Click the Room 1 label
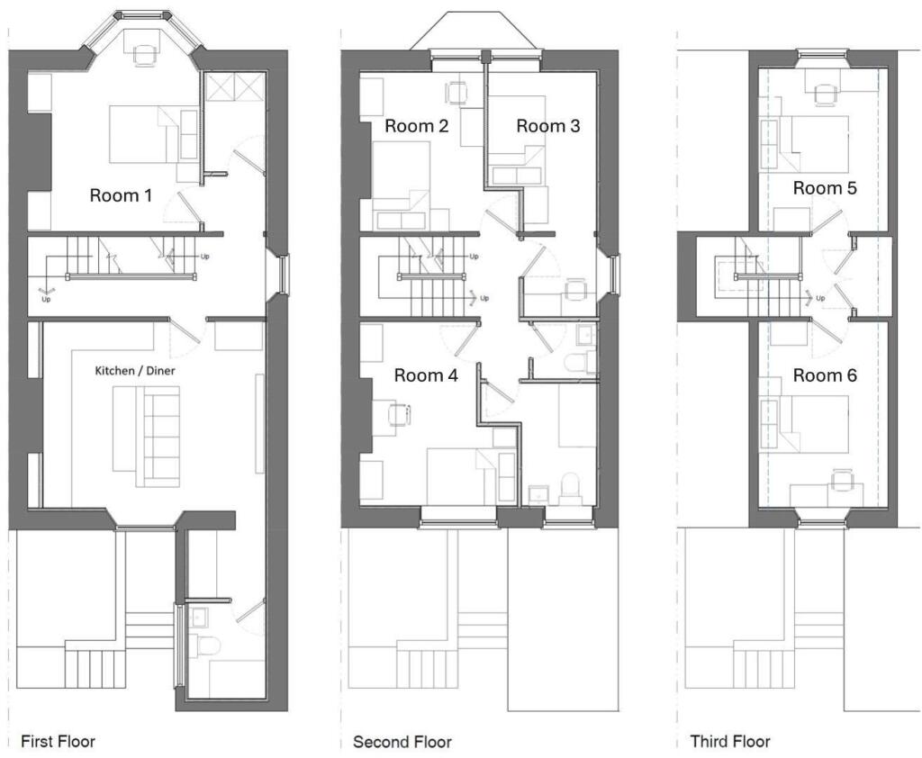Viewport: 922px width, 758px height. coord(121,194)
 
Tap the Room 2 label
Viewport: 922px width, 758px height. coord(417,126)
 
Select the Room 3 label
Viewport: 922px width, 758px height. coord(547,126)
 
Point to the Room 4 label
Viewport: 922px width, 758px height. coord(426,375)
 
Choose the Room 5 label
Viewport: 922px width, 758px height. coord(824,188)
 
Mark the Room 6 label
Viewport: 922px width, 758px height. coord(824,375)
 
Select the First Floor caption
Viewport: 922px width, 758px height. coord(57,742)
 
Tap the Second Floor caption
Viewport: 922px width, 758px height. coord(402,742)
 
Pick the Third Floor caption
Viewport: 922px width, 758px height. coord(730,742)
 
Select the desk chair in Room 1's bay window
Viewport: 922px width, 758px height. coord(144,55)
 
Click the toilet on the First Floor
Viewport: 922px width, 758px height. coord(205,646)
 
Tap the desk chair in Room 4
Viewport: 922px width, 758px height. coord(396,414)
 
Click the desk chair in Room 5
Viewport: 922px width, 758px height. coord(824,94)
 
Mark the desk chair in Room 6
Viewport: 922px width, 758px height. coord(842,481)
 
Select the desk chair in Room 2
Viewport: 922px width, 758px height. coord(457,92)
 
